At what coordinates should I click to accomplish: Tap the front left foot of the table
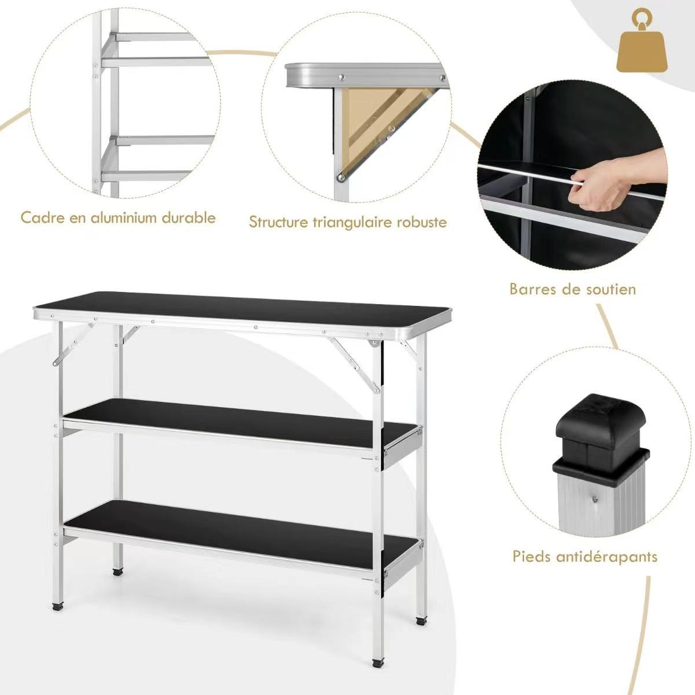point(59,606)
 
